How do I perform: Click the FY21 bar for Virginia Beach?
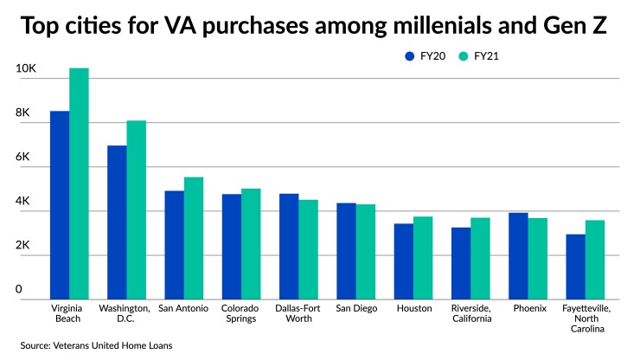pos(79,183)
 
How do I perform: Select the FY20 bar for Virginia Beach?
pos(60,205)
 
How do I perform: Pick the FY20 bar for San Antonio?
pos(175,245)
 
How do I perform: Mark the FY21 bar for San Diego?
pos(366,252)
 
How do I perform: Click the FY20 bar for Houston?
pos(404,261)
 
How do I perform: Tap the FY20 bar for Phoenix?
pos(518,256)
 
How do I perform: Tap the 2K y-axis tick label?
pos(22,246)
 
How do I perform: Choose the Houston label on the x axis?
pos(413,308)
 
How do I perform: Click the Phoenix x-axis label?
pos(528,308)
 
